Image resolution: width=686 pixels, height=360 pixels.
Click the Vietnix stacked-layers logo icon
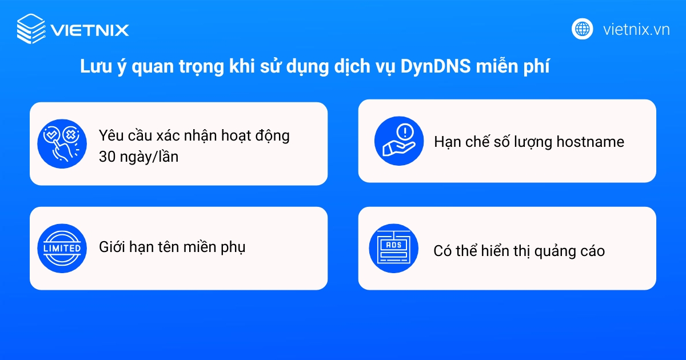pyautogui.click(x=30, y=29)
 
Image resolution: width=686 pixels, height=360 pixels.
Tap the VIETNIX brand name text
pyautogui.click(x=90, y=30)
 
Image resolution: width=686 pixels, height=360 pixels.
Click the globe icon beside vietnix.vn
pyautogui.click(x=583, y=29)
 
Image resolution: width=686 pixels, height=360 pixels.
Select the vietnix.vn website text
pyautogui.click(x=636, y=29)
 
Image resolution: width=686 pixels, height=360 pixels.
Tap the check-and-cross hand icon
pyautogui.click(x=62, y=143)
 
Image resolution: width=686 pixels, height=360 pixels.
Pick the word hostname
pyautogui.click(x=588, y=142)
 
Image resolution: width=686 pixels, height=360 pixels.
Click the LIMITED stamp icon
pyautogui.click(x=62, y=248)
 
